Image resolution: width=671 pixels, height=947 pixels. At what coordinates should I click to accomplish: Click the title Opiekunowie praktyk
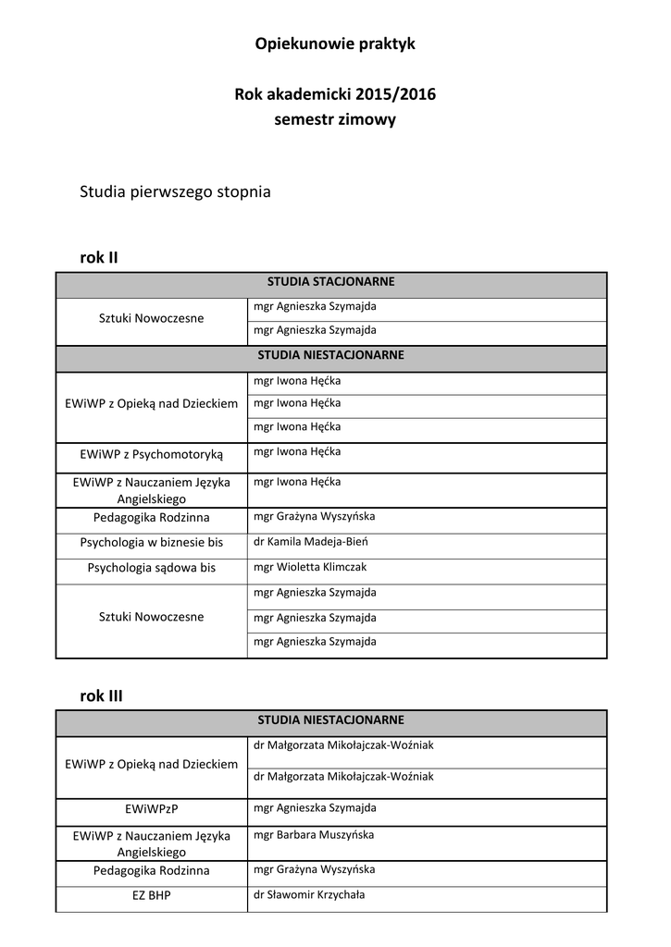pyautogui.click(x=335, y=43)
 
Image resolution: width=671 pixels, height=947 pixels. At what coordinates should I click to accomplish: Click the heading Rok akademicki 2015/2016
pyautogui.click(x=335, y=94)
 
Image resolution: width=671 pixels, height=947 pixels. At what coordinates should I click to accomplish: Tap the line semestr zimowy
pyautogui.click(x=335, y=120)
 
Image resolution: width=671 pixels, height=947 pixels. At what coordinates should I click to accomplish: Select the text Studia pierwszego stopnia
pyautogui.click(x=175, y=192)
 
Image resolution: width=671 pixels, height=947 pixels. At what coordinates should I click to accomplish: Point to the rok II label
pyautogui.click(x=99, y=257)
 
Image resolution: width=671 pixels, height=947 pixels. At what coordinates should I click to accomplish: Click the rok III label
pyautogui.click(x=101, y=695)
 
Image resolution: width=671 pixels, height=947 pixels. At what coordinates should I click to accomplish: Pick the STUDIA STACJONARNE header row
pyautogui.click(x=331, y=281)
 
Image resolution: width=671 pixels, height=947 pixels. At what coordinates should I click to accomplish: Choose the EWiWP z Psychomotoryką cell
pyautogui.click(x=152, y=454)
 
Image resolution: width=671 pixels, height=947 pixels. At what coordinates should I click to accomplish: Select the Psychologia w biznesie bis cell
pyautogui.click(x=152, y=543)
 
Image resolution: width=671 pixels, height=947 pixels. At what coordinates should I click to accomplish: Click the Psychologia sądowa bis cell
pyautogui.click(x=152, y=568)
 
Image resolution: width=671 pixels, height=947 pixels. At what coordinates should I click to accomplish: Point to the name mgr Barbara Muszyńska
pyautogui.click(x=313, y=834)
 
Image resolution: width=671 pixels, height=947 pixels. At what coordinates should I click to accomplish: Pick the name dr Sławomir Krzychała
pyautogui.click(x=308, y=895)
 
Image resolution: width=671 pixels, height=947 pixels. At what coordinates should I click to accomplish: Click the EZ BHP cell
pyautogui.click(x=152, y=896)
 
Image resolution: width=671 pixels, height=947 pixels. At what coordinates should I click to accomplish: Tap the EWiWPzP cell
pyautogui.click(x=152, y=809)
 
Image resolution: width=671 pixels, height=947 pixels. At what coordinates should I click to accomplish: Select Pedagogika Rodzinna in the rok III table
pyautogui.click(x=152, y=870)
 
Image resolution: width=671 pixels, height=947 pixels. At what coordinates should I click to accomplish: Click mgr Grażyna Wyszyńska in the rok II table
pyautogui.click(x=314, y=516)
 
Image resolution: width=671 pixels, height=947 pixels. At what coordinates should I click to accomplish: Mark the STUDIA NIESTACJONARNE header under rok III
pyautogui.click(x=331, y=719)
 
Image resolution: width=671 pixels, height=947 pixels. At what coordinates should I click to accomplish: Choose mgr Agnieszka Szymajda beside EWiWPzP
pyautogui.click(x=315, y=807)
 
